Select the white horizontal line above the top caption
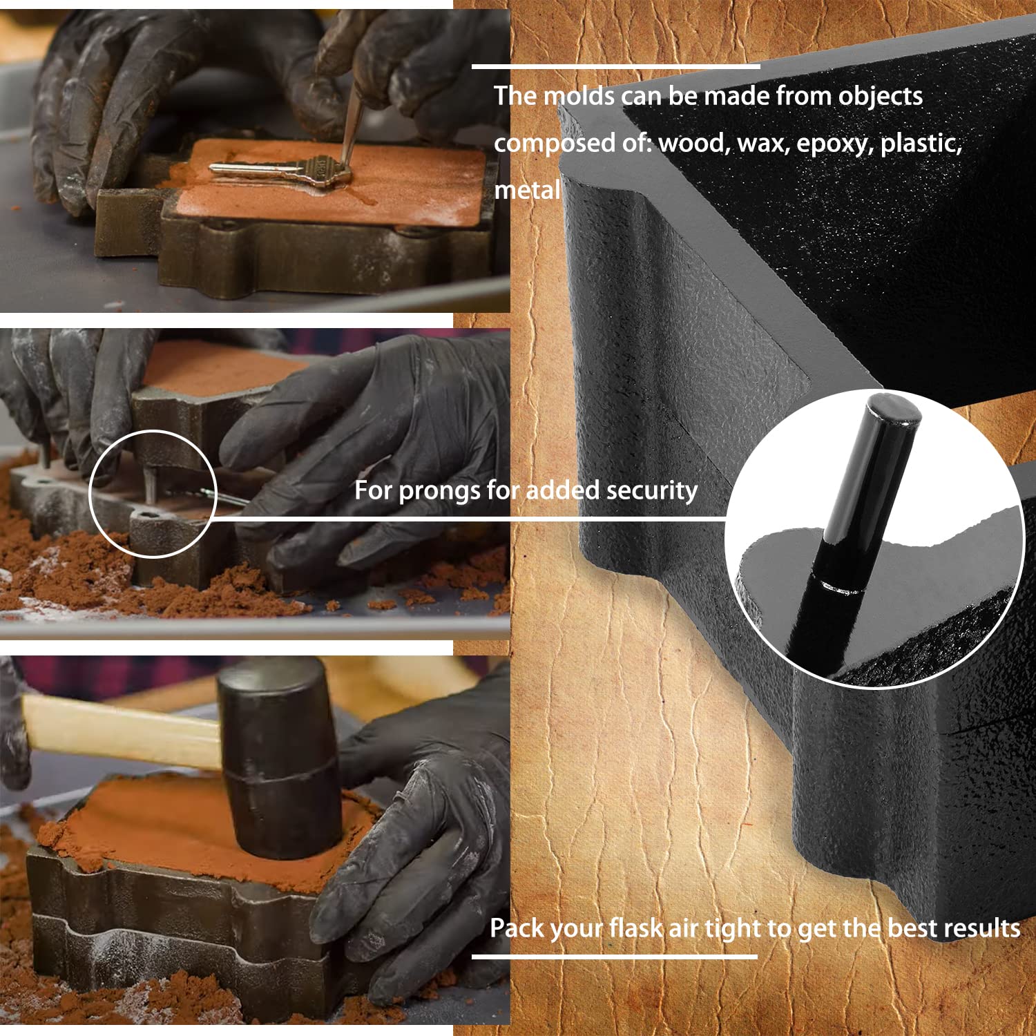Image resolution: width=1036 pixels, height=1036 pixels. pyautogui.click(x=616, y=67)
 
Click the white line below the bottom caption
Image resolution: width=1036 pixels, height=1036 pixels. pyautogui.click(x=615, y=957)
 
